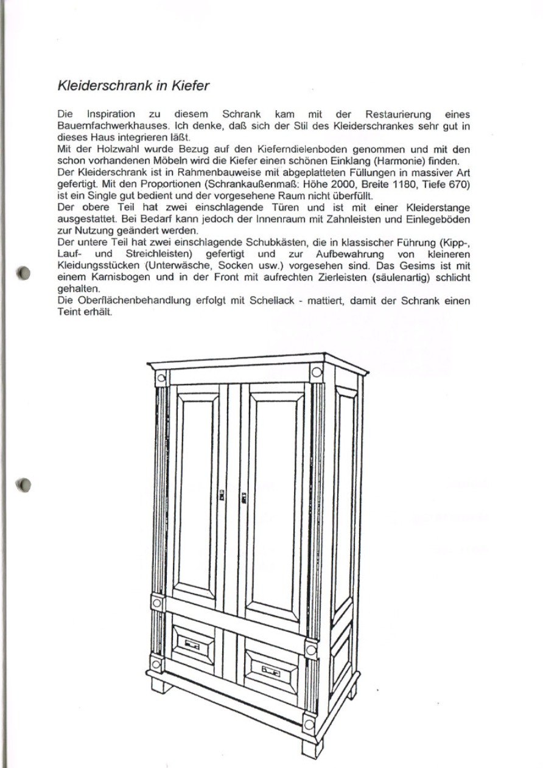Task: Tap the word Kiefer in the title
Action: [189, 86]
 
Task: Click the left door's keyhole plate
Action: [222, 497]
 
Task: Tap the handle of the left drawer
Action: [192, 644]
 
